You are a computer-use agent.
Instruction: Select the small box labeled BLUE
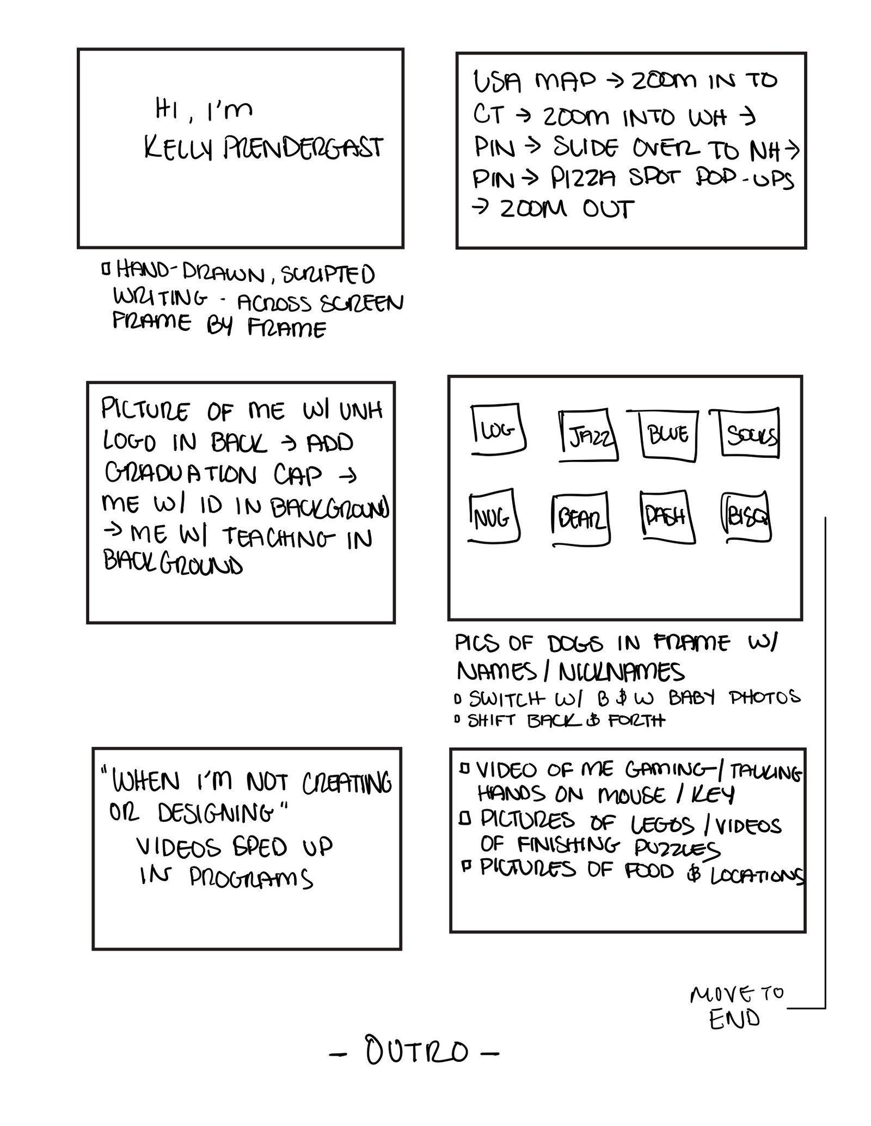[668, 435]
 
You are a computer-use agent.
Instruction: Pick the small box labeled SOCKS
[750, 433]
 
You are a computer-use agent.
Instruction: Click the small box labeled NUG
[493, 518]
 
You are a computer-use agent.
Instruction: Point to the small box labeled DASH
[667, 516]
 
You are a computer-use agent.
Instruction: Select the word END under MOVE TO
[734, 1019]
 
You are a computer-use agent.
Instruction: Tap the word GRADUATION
[181, 475]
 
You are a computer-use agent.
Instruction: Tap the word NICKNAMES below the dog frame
[621, 673]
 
